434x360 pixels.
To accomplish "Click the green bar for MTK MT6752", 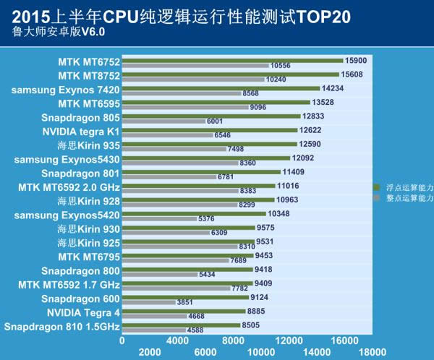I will pyautogui.click(x=232, y=60).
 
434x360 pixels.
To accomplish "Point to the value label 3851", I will pyautogui.click(x=187, y=302).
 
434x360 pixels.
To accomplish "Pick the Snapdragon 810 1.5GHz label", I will pyautogui.click(x=61, y=327).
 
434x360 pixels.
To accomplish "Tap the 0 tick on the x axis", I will pyautogui.click(x=122, y=340).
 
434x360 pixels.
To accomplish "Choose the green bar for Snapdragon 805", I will pyautogui.click(x=210, y=116).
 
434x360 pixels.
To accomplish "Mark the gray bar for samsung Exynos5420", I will pyautogui.click(x=158, y=219).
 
